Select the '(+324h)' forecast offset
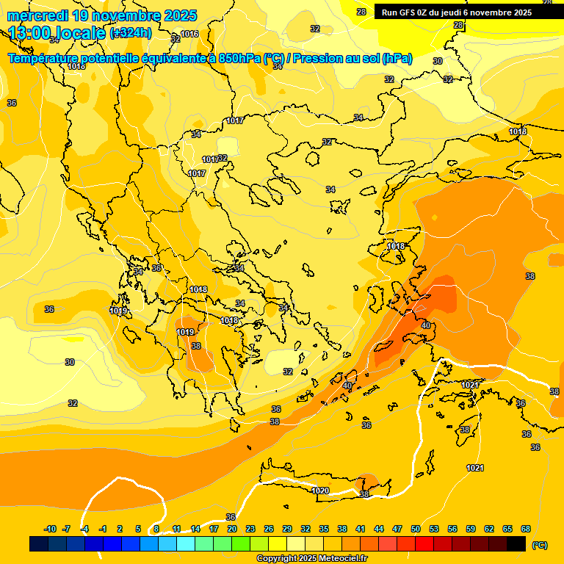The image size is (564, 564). (131, 32)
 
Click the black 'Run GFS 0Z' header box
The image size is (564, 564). (467, 12)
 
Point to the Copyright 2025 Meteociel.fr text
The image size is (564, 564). (311, 558)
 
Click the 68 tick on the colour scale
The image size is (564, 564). (526, 529)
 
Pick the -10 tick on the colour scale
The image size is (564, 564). (50, 529)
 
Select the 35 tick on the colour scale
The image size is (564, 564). (324, 529)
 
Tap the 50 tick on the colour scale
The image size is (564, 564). (416, 529)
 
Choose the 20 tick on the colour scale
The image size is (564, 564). (232, 529)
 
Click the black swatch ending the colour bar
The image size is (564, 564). (516, 543)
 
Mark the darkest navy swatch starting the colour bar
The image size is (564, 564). (39, 543)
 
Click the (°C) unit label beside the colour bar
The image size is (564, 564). (539, 544)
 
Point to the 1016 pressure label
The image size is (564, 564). (189, 34)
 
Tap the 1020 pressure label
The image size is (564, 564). (320, 491)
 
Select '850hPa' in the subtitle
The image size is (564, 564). (239, 59)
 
